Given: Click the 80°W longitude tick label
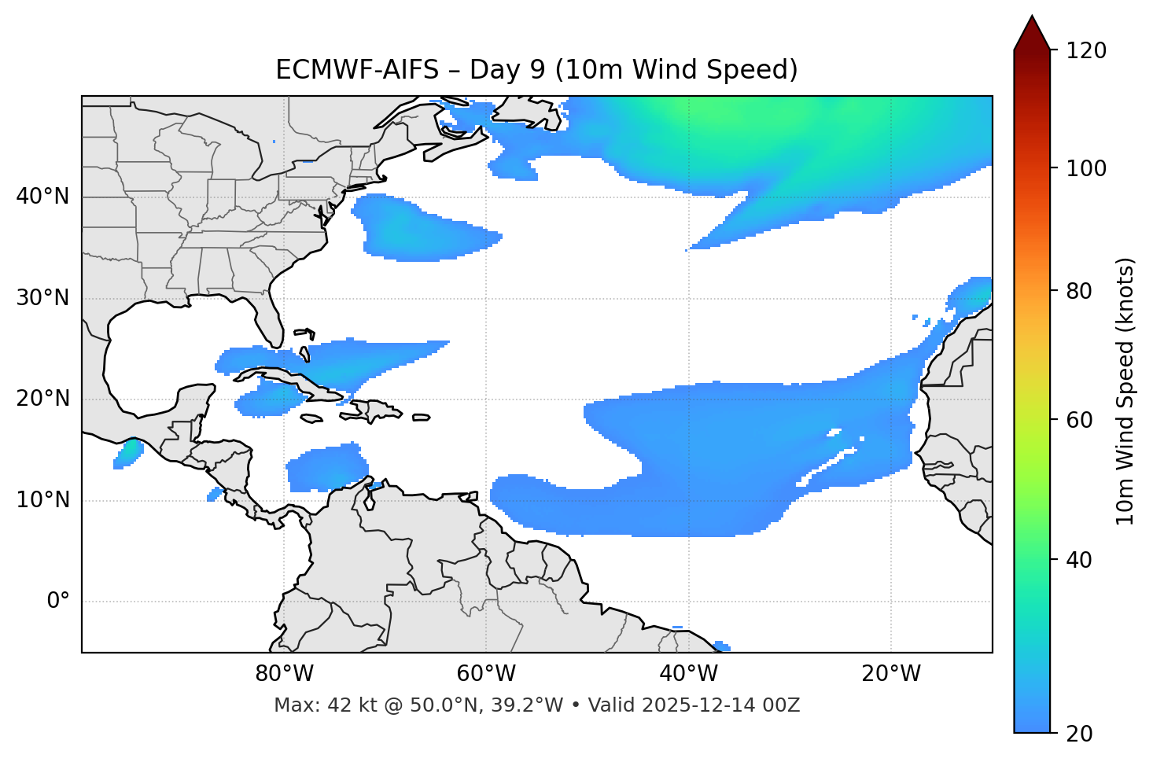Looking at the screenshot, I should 284,674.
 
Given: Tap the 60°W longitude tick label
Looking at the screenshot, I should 486,674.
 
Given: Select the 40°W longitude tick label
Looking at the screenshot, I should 688,674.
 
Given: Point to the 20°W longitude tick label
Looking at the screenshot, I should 890,674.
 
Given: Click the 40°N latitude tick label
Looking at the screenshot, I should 42,197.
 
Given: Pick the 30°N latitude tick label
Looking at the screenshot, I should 42,298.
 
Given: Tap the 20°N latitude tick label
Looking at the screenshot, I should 42,399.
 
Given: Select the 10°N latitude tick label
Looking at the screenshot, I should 42,500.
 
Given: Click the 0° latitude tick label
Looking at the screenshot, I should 58,602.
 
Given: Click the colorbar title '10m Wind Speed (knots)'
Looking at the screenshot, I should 1125,391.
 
